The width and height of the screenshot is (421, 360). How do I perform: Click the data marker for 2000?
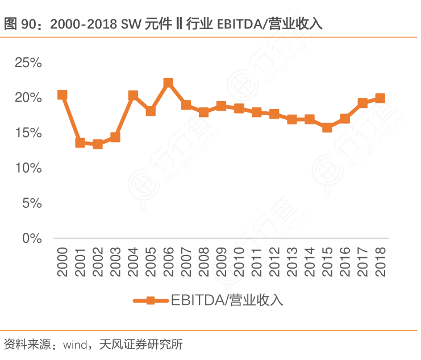click(x=62, y=95)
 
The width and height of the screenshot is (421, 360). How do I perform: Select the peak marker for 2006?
click(x=168, y=83)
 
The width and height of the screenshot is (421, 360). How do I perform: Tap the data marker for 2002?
click(x=98, y=144)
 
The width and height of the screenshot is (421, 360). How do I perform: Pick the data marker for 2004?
click(x=133, y=95)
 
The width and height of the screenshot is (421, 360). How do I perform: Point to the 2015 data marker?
click(x=327, y=128)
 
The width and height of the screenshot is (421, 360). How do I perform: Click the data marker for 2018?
click(x=380, y=98)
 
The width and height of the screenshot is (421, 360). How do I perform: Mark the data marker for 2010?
click(x=239, y=108)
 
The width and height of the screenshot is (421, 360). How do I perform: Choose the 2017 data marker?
click(x=362, y=103)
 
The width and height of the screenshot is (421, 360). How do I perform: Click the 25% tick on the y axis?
click(x=28, y=62)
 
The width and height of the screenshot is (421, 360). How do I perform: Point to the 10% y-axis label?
click(x=28, y=168)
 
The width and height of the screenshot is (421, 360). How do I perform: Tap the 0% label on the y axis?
click(x=32, y=238)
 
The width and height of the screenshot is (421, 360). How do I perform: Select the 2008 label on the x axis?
click(x=204, y=262)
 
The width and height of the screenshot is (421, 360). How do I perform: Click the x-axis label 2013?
click(x=292, y=262)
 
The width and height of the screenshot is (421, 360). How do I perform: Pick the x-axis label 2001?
click(x=80, y=262)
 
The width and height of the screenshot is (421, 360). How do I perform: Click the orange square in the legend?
click(x=151, y=300)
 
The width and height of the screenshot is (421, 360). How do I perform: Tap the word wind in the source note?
click(x=74, y=344)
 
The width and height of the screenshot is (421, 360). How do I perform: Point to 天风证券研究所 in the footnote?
click(x=140, y=344)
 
